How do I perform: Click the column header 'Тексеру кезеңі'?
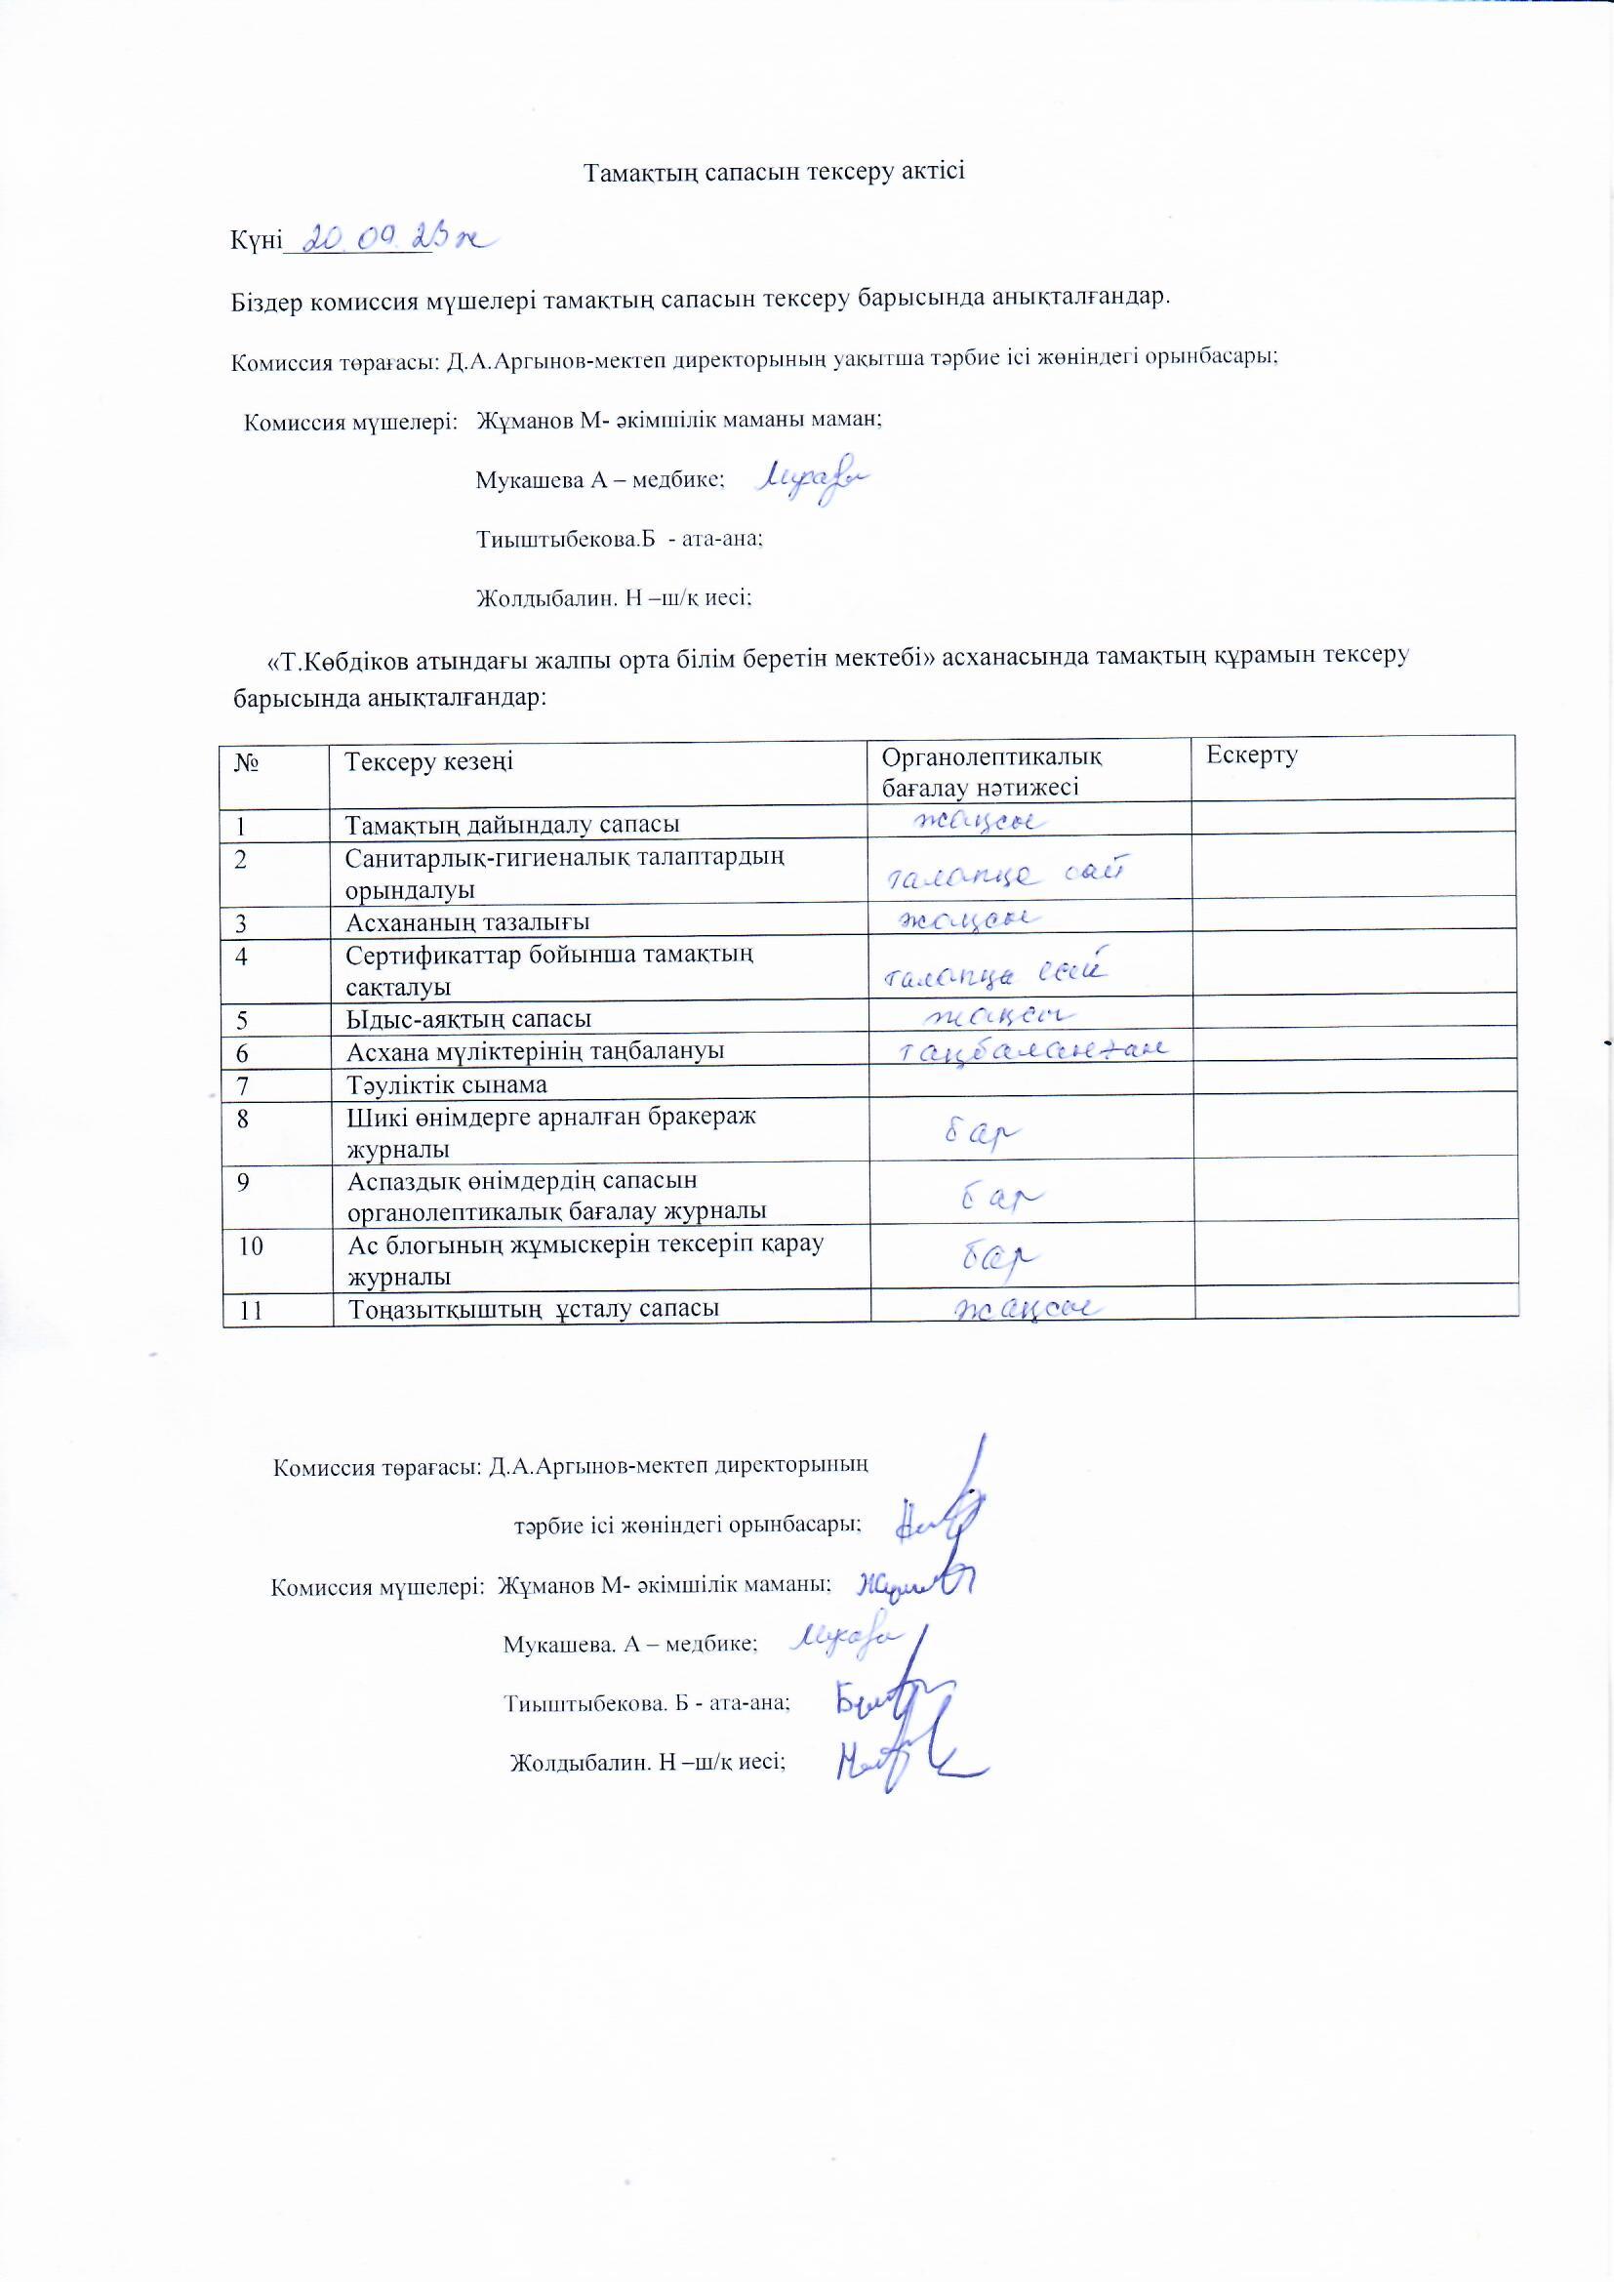click(428, 762)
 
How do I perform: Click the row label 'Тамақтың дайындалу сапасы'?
click(512, 824)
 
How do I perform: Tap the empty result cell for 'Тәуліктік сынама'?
click(1030, 1083)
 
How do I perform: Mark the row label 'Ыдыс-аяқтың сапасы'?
click(468, 1019)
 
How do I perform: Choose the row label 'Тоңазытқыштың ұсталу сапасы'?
click(534, 1309)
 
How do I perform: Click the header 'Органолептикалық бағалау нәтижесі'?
click(991, 771)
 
